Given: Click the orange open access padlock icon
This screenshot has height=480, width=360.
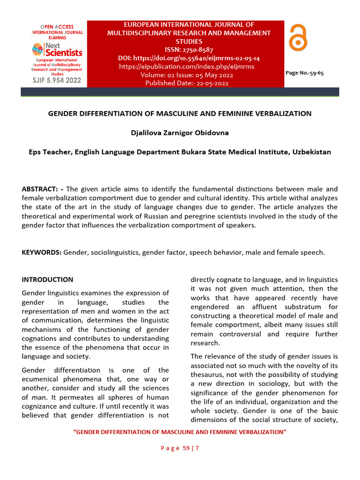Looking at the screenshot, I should click(299, 38).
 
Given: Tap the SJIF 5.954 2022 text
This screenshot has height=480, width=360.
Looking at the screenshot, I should click(57, 80).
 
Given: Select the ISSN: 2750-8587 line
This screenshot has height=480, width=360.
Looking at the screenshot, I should click(189, 49).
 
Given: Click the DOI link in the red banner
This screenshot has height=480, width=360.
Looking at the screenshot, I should click(189, 58).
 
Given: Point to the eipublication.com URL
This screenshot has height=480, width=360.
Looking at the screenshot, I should click(187, 67).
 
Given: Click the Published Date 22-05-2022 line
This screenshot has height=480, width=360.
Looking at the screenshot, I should click(187, 83).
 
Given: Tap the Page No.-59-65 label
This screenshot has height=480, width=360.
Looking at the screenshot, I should click(305, 73).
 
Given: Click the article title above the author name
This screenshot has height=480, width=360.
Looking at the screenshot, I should click(180, 113).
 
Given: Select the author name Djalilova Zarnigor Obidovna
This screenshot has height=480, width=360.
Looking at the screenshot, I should click(180, 133).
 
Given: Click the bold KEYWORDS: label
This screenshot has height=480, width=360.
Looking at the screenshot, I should click(42, 252).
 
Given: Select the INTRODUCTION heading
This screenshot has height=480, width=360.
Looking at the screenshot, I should click(47, 279).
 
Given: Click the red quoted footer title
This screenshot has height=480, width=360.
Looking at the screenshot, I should click(180, 431).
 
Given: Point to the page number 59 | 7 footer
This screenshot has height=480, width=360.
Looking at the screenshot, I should click(180, 448).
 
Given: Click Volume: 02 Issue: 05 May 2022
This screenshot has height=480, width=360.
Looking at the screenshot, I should click(187, 75).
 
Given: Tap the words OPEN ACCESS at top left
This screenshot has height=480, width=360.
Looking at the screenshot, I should click(57, 27).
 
